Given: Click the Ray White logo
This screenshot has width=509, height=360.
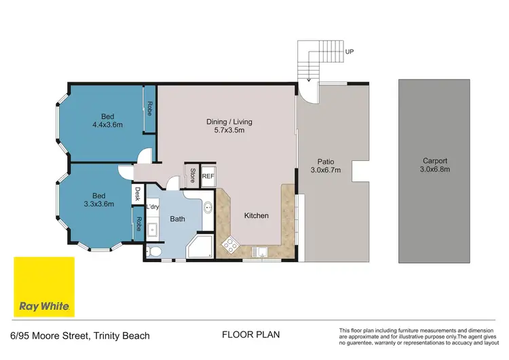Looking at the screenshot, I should click(44, 287).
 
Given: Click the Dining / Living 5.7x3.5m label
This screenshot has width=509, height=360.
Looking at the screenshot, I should click(229, 126).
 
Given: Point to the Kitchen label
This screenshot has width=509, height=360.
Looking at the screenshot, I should click(257, 215).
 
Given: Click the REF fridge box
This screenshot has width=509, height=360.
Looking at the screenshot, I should click(208, 175).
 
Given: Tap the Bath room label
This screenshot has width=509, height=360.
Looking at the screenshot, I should click(178, 219).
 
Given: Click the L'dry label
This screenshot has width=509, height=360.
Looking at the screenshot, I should click(152, 207).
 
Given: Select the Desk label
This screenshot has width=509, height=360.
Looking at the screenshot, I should click(137, 194).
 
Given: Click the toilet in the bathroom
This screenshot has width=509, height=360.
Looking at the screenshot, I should click(155, 252).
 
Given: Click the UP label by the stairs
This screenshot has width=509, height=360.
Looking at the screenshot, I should click(350, 51).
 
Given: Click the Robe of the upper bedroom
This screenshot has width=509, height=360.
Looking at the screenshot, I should click(149, 109).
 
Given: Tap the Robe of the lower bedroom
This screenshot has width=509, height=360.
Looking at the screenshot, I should click(138, 224).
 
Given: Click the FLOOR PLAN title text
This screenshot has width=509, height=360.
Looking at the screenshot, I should click(250, 335).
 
